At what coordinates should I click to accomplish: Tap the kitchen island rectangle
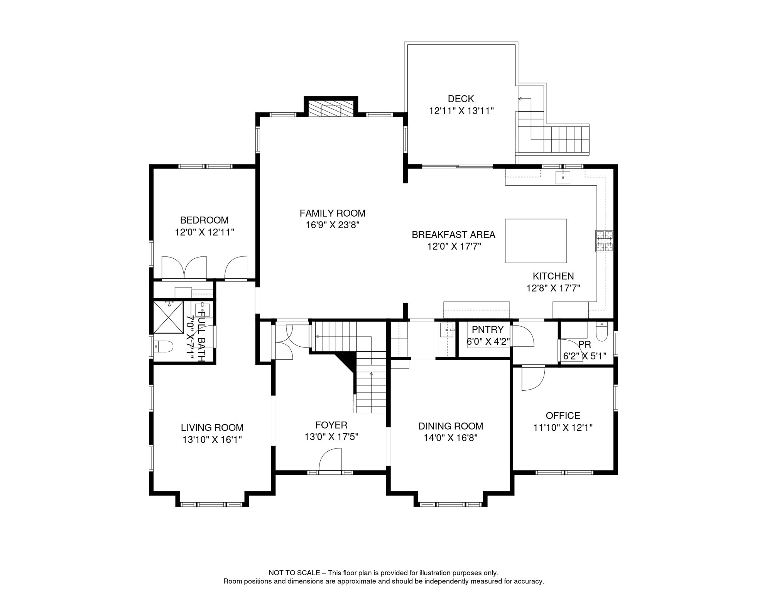tap(536, 241)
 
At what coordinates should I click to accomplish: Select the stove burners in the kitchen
tap(604, 241)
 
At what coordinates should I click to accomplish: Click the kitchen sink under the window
tap(563, 177)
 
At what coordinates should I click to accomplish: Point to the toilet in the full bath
tap(164, 346)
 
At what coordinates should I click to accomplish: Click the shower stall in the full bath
tap(169, 317)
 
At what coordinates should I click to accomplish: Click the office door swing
tap(533, 378)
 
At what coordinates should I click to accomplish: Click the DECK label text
tap(461, 99)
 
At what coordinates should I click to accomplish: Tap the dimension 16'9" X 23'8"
tap(332, 225)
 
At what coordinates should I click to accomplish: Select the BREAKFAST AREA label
tap(453, 235)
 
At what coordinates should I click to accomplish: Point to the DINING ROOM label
tap(451, 426)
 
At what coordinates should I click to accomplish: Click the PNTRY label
tap(488, 330)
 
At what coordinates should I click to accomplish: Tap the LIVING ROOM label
tap(212, 428)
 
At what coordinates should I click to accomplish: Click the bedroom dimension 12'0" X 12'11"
tap(204, 232)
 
